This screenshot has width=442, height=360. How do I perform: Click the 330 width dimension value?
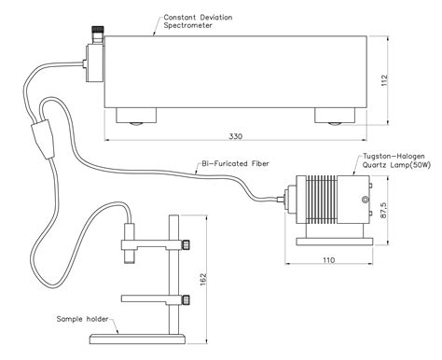[x=235, y=136]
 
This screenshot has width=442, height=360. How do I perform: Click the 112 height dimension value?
[x=384, y=80]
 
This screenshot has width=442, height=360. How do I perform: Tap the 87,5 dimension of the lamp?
[x=383, y=211]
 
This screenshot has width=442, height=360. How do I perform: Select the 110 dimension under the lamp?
[x=329, y=260]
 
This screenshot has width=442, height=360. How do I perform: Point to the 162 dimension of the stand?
[x=202, y=279]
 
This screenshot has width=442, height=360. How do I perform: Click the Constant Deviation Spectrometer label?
[x=198, y=21]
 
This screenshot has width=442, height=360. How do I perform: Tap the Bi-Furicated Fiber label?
[x=235, y=163]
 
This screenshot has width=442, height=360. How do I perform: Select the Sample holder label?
[x=82, y=319]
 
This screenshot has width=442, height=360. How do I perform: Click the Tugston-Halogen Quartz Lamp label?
[x=396, y=160]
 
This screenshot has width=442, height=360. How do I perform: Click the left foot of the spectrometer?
[x=136, y=116]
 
